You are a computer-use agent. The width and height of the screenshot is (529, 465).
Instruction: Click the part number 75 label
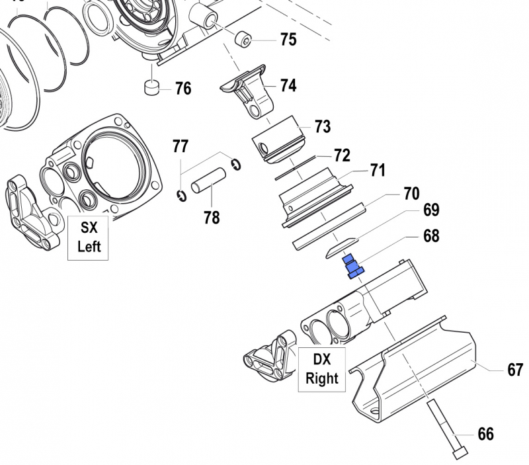tap(288, 40)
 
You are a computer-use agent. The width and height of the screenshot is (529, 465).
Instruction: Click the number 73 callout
tap(322, 126)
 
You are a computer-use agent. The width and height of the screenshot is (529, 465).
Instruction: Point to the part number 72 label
tap(341, 155)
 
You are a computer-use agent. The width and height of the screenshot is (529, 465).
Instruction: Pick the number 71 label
tap(377, 171)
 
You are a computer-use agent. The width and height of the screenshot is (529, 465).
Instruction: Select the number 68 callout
tap(430, 235)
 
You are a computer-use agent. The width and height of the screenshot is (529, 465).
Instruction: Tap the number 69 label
tap(430, 211)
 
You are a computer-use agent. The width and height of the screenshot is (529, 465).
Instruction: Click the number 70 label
tap(411, 194)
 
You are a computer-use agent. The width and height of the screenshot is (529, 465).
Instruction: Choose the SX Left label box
tap(89, 237)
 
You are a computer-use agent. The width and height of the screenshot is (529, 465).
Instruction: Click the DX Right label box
tap(321, 369)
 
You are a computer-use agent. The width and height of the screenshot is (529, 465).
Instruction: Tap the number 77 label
tap(181, 146)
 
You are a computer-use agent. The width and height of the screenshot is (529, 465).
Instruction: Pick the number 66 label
tap(485, 434)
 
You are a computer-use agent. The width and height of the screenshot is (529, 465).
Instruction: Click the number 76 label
tap(183, 88)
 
